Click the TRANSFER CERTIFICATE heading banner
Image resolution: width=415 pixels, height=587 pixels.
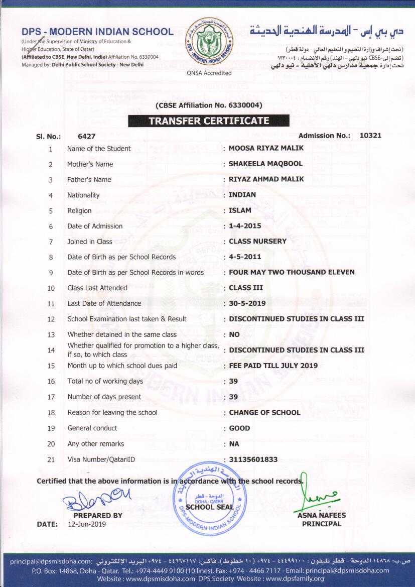(x=208, y=121)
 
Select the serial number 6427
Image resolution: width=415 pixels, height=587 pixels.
(x=87, y=136)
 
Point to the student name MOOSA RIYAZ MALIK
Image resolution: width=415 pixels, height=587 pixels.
(x=266, y=148)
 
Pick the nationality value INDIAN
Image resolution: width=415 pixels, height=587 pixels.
(x=242, y=195)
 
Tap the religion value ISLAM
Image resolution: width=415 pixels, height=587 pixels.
(x=240, y=210)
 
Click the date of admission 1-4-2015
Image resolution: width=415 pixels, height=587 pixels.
(x=245, y=226)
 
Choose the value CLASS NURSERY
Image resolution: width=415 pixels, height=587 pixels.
(x=257, y=241)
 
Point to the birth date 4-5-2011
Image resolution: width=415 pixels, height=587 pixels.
(x=245, y=257)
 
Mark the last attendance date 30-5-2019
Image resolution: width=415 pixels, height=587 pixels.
(x=247, y=303)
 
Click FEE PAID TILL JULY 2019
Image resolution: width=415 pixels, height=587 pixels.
(x=273, y=366)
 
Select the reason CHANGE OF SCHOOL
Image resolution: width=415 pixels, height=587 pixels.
(x=264, y=412)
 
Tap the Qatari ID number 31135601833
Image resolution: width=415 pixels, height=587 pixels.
(x=253, y=459)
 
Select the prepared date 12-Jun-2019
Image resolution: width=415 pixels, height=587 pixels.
(x=87, y=524)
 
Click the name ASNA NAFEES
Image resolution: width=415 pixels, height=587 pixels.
(x=322, y=515)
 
